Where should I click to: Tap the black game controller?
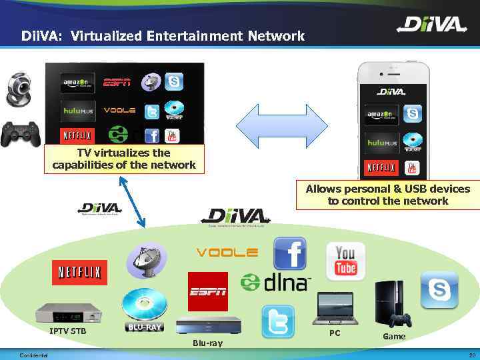pyautogui.click(x=20, y=134)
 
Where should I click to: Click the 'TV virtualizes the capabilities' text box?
pyautogui.click(x=124, y=159)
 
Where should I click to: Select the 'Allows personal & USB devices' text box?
pyautogui.click(x=387, y=195)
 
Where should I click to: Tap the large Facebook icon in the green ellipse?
pyautogui.click(x=290, y=254)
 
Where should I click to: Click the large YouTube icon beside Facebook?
pyautogui.click(x=345, y=259)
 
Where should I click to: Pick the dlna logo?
pyautogui.click(x=276, y=281)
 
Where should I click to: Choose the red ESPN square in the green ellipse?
pyautogui.click(x=207, y=291)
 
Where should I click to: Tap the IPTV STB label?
pyautogui.click(x=67, y=331)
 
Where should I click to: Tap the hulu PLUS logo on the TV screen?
pyautogui.click(x=79, y=110)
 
